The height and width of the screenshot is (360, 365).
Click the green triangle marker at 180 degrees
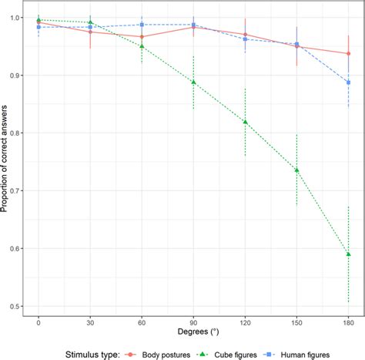coord(349,254)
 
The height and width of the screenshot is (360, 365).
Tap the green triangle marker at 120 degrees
coord(245,122)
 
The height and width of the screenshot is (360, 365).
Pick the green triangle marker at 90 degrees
coord(193,82)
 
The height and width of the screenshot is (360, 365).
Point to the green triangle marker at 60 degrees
coord(142,46)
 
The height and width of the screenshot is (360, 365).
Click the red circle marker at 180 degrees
coord(349,53)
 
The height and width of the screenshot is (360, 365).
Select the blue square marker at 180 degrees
coord(349,82)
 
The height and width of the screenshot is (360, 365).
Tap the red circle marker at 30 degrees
coord(90,32)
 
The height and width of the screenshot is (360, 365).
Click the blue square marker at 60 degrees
coord(142,25)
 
